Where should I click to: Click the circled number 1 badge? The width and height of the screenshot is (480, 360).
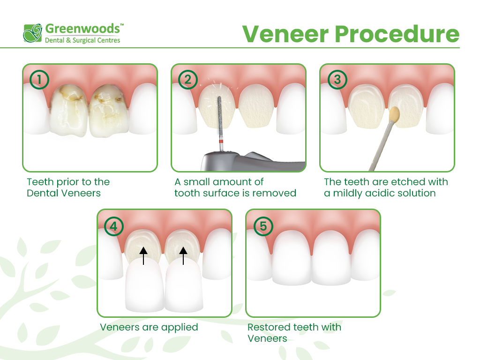coord(39,80)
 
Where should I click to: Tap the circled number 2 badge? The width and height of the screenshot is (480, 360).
coord(188,80)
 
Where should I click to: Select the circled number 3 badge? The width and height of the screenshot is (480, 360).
coord(337,80)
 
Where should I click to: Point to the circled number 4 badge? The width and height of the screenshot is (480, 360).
coord(114,226)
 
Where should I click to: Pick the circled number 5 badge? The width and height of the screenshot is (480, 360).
coord(263,226)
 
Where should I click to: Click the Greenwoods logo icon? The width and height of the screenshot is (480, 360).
coord(33,33)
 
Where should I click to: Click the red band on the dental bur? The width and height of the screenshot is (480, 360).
coord(219,141)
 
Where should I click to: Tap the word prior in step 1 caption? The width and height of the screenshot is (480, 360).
coord(64,182)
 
